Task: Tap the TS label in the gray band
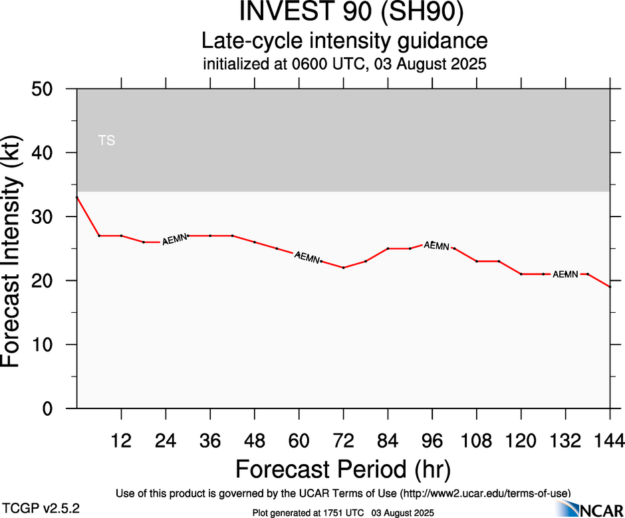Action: coord(106,141)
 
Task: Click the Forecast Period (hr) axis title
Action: coord(343,469)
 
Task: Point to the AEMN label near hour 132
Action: coord(565,274)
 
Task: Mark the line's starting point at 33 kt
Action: coord(77,197)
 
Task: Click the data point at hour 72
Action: coord(343,268)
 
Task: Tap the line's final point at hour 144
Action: coord(610,286)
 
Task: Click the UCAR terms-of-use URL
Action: coord(485,493)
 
